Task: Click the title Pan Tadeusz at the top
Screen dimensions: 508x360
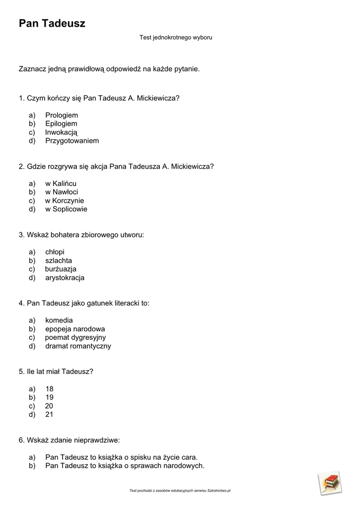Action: pyautogui.click(x=52, y=23)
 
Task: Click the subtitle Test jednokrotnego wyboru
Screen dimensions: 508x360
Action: pyautogui.click(x=176, y=37)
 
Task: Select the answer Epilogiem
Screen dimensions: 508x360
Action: pyautogui.click(x=61, y=124)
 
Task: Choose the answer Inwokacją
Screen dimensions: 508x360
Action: pyautogui.click(x=61, y=132)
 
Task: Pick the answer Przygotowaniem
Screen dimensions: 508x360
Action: pyautogui.click(x=72, y=141)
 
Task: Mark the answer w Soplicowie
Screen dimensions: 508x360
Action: pyautogui.click(x=66, y=209)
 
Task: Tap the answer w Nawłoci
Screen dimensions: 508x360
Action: pyautogui.click(x=62, y=192)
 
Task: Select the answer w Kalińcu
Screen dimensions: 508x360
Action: pyautogui.click(x=61, y=184)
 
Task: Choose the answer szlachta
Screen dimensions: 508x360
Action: pyautogui.click(x=59, y=260)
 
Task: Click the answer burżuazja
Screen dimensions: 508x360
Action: pyautogui.click(x=61, y=269)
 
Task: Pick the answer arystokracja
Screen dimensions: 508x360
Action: pyautogui.click(x=65, y=278)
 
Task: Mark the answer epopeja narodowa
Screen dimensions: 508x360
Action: pyautogui.click(x=75, y=329)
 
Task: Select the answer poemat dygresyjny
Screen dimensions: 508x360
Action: pyautogui.click(x=75, y=337)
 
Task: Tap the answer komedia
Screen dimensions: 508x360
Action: pyautogui.click(x=59, y=320)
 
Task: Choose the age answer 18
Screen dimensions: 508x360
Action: pyautogui.click(x=49, y=389)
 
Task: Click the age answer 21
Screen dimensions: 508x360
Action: pyautogui.click(x=49, y=414)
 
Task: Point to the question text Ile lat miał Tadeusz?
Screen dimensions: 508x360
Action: pyautogui.click(x=56, y=372)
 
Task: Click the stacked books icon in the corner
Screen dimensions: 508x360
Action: pyautogui.click(x=330, y=483)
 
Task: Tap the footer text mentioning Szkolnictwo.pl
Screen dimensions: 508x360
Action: pyautogui.click(x=180, y=491)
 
